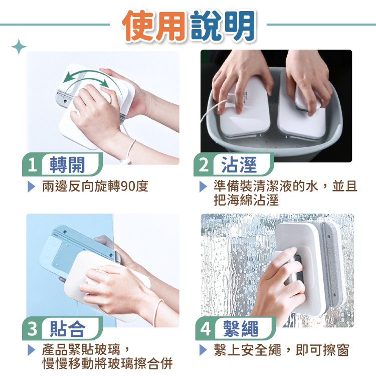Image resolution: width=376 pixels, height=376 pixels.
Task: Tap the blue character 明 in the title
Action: coord(239,26)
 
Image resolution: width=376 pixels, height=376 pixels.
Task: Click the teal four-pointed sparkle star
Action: coord(19,47)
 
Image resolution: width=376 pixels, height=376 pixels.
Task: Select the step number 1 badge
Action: coord(33,165)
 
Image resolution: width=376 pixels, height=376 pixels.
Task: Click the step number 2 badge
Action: coord(204,165)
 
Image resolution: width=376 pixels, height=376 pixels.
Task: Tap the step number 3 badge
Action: coord(33,328)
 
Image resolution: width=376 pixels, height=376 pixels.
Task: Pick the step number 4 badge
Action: coord(205,328)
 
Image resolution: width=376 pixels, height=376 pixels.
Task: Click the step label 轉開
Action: coord(67,165)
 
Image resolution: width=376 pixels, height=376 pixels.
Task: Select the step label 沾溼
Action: coord(239,165)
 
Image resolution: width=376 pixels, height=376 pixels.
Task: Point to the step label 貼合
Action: coord(67,328)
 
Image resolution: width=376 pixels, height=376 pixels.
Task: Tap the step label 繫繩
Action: coord(241,328)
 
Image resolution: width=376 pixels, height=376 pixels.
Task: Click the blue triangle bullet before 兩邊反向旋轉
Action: coord(32,186)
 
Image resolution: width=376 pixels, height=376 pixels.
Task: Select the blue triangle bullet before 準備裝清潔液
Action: coord(203,186)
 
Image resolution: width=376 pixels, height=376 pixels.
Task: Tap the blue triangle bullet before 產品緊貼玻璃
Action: coord(32,350)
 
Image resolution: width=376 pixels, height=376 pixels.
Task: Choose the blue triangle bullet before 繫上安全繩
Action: coord(203,350)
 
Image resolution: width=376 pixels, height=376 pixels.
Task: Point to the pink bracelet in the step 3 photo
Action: coord(158,312)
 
